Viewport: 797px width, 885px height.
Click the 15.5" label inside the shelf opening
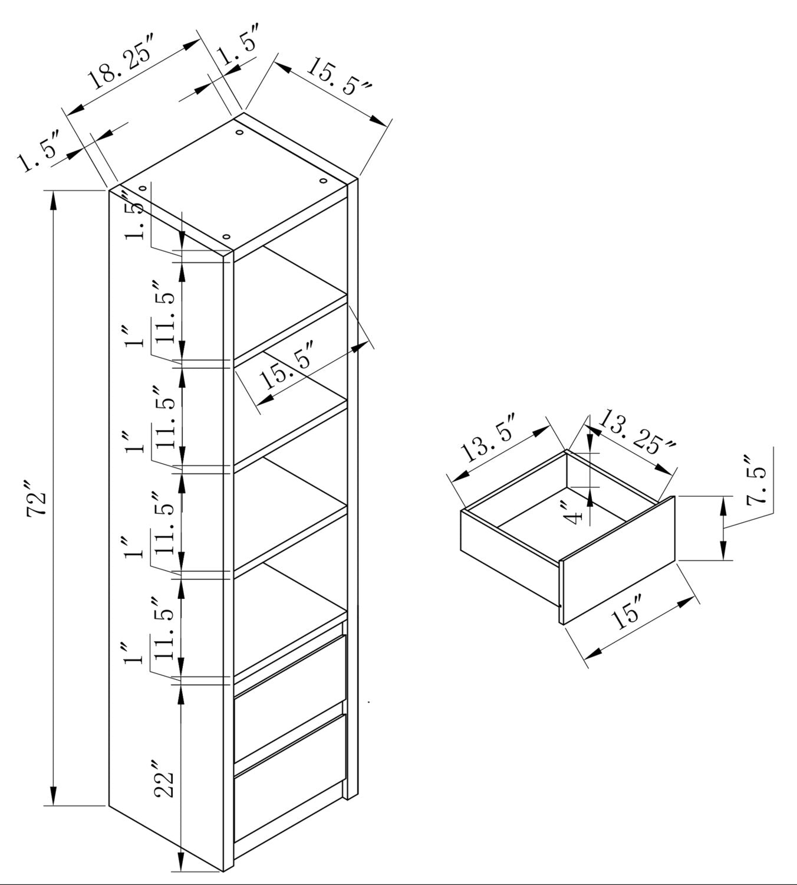286,364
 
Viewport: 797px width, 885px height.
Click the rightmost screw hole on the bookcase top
323,181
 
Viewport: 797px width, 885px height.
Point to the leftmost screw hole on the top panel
143,188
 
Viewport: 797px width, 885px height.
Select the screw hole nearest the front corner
226,237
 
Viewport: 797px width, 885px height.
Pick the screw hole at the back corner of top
239,132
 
